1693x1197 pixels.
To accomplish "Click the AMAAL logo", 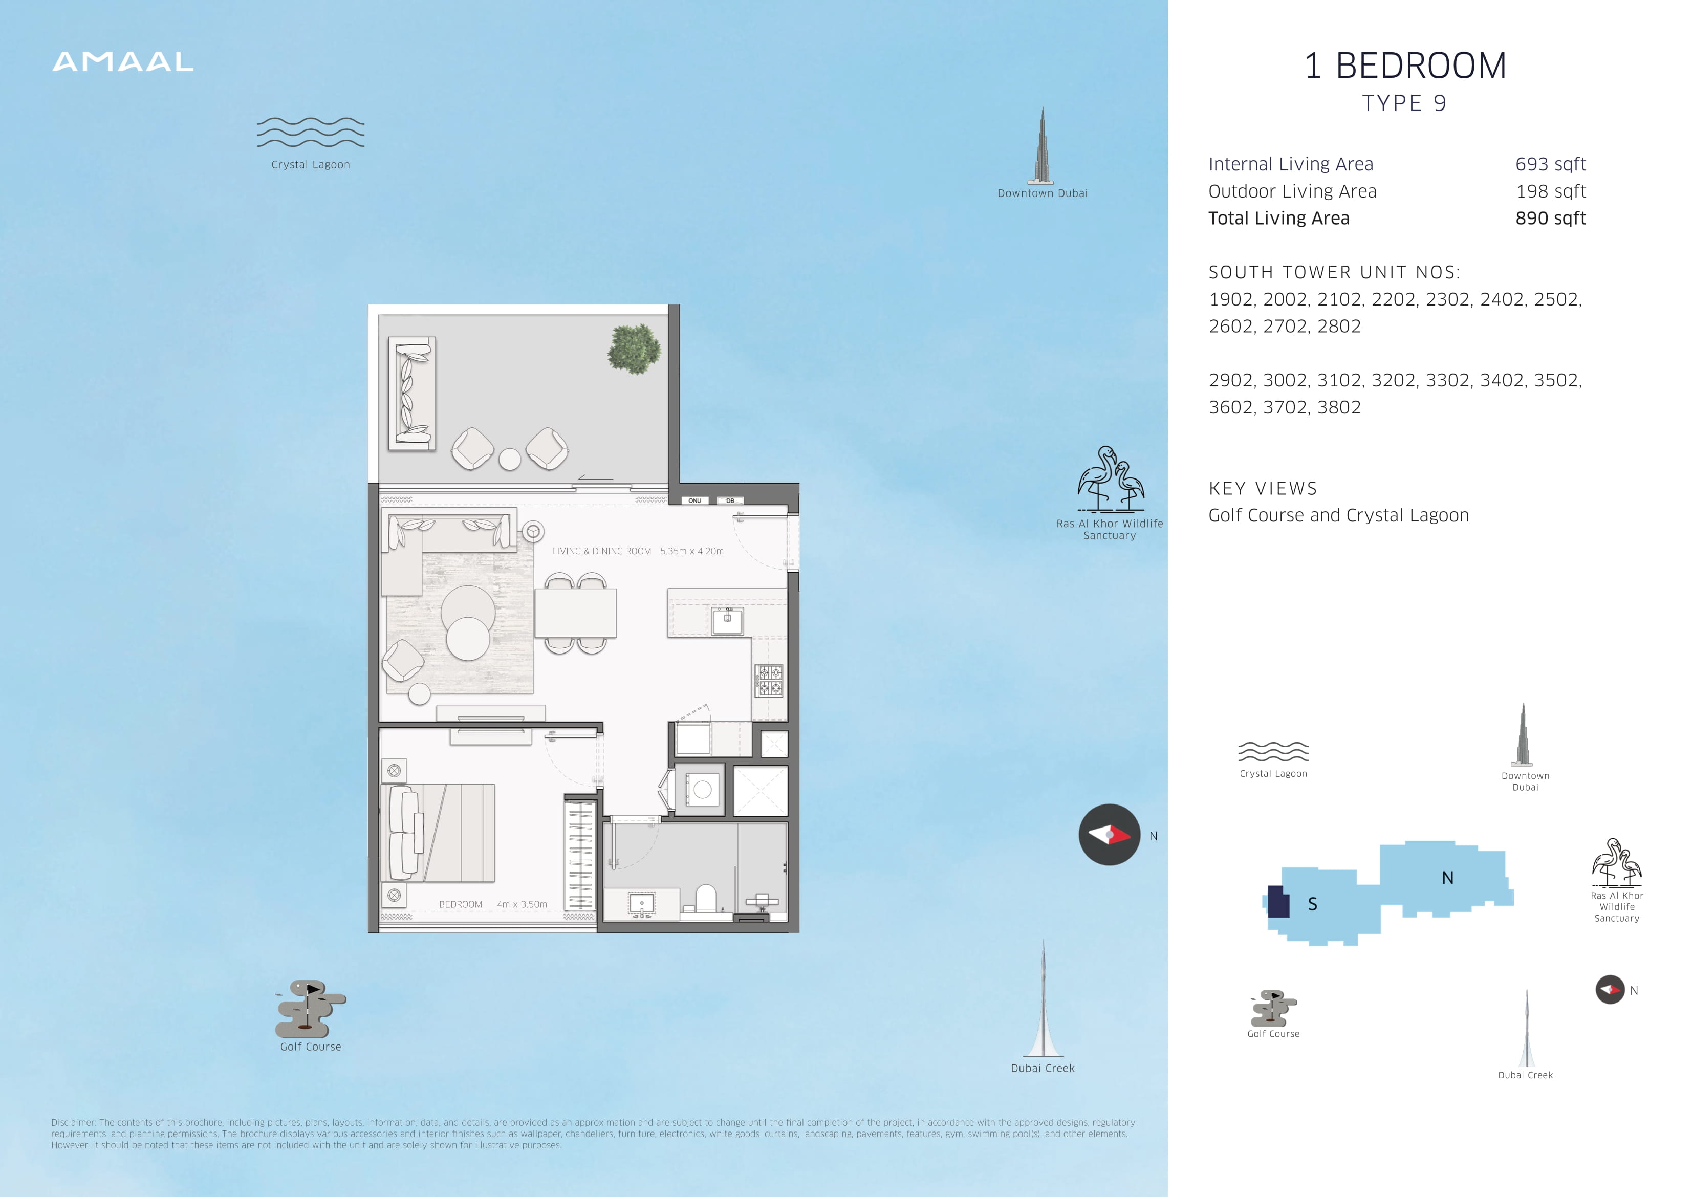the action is pos(123,62).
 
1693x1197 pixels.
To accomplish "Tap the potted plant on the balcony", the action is pos(634,349).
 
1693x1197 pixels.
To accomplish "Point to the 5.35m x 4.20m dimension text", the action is pos(691,551).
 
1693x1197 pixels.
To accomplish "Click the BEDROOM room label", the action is pos(460,904).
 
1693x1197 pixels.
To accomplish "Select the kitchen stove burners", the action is pos(768,680).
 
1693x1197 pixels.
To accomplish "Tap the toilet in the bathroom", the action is pos(706,899).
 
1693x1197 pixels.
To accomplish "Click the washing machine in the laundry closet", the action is pos(701,789).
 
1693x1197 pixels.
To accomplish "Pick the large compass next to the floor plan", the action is pos(1109,835).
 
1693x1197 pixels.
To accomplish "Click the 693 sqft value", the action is pos(1551,164).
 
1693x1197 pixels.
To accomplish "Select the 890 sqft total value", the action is pos(1551,219).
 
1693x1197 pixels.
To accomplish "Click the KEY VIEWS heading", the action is pos(1263,488).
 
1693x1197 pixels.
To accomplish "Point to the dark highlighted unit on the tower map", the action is pos(1278,901).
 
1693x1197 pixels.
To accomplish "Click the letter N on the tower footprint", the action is pos(1447,878).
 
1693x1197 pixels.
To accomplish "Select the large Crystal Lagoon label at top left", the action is pos(311,164).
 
